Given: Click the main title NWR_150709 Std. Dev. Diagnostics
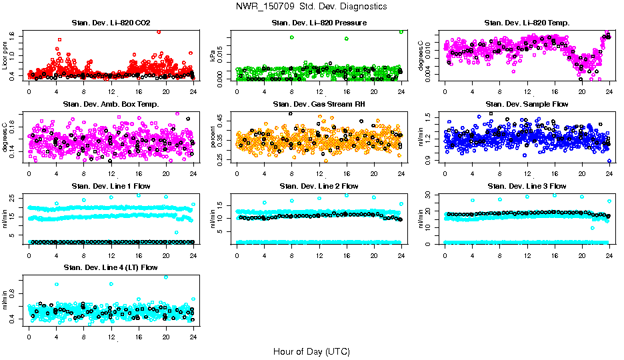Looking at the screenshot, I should [x=311, y=7].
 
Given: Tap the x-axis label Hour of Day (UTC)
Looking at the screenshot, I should [x=311, y=351].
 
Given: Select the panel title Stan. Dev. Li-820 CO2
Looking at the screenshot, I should [x=111, y=23].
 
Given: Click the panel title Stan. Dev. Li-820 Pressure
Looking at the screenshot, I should [x=319, y=23].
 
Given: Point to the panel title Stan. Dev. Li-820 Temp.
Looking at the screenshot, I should [x=527, y=23].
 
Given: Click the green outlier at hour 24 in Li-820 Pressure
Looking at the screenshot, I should [x=401, y=31].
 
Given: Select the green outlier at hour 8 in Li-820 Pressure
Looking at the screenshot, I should [x=292, y=37].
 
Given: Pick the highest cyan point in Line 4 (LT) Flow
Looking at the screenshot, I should [x=165, y=277].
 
